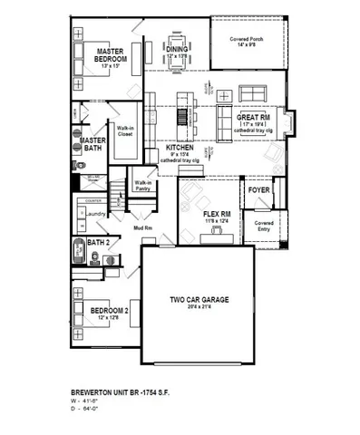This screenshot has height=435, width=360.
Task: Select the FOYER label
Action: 258,191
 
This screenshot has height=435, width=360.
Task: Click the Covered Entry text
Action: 264,225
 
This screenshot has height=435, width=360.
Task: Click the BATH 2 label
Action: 98,243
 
